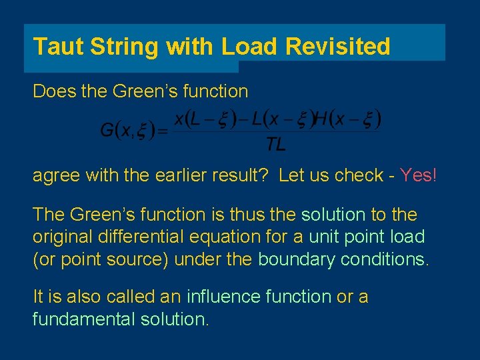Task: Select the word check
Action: pyautogui.click(x=359, y=176)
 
